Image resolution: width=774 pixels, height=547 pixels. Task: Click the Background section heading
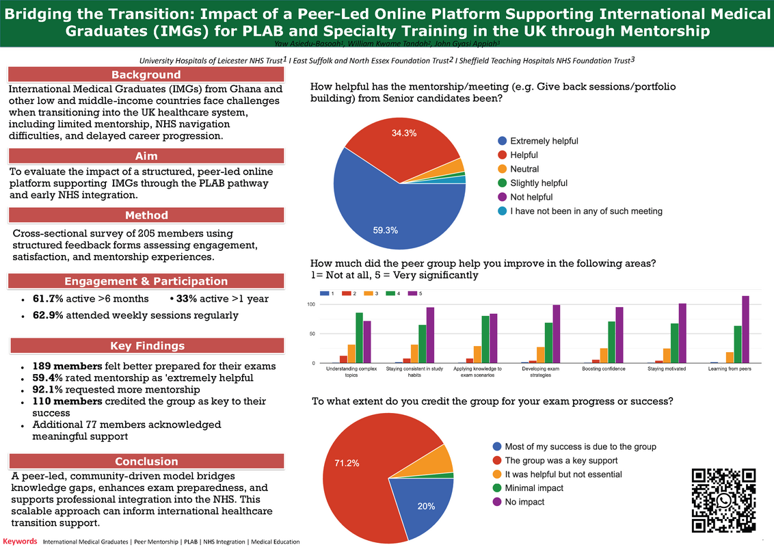[146, 75]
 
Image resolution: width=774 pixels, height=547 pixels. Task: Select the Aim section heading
[146, 157]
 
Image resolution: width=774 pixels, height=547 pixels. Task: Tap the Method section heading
[146, 215]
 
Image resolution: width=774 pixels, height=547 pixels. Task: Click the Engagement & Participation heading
[146, 281]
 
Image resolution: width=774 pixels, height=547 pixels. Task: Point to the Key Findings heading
[146, 346]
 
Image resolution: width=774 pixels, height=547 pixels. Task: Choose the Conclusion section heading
[146, 461]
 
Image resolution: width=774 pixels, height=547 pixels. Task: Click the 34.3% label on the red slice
[404, 133]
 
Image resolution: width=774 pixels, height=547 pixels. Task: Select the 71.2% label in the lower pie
[347, 463]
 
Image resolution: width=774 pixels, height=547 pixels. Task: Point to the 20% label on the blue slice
[426, 507]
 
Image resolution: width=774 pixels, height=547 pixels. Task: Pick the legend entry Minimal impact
[533, 488]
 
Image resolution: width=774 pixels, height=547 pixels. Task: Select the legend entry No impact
[524, 502]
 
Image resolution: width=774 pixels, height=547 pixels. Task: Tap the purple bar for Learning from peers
[745, 330]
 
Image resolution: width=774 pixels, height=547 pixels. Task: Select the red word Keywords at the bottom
[19, 542]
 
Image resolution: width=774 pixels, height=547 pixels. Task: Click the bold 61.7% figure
[50, 299]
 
